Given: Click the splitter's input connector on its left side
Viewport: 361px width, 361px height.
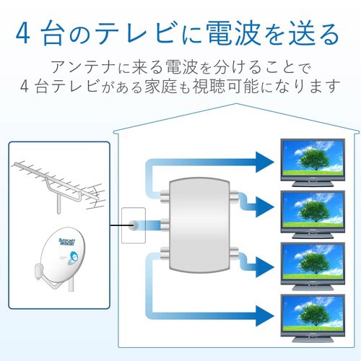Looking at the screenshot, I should click(x=163, y=225).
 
